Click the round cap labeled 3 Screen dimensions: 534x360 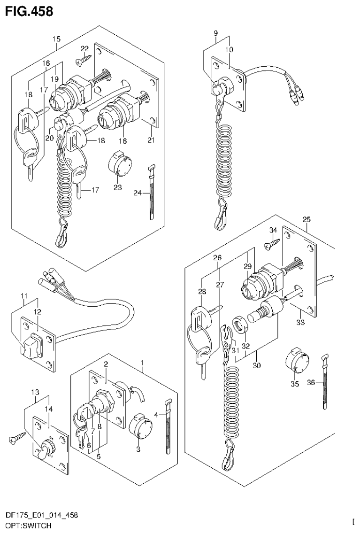pyautogui.click(x=139, y=426)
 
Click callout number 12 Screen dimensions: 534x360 pyautogui.click(x=37, y=311)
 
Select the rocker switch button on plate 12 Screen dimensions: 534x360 pyautogui.click(x=30, y=346)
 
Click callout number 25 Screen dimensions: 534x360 pyautogui.click(x=306, y=220)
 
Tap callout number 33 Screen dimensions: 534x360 pyautogui.click(x=300, y=322)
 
